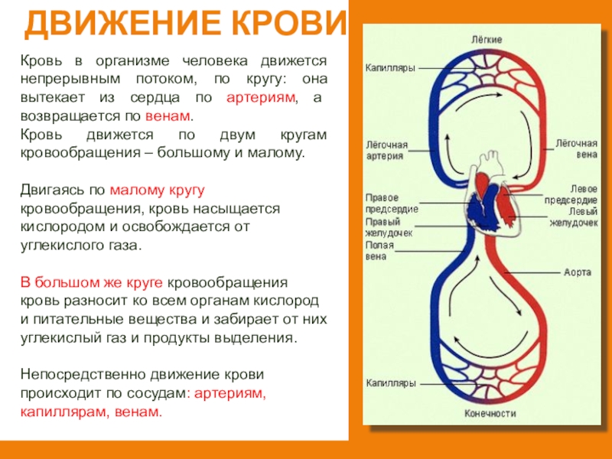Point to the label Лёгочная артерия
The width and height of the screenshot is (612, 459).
[x=387, y=150]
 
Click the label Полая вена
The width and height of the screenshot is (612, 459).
[x=380, y=251]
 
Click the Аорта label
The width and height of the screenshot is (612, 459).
[x=578, y=271]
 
